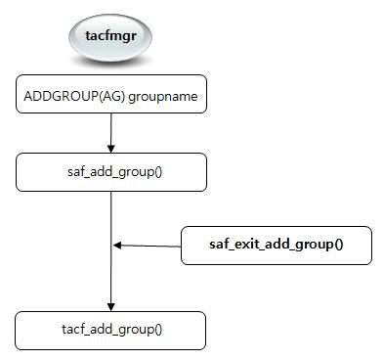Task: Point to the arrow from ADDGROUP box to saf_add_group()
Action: pos(111,132)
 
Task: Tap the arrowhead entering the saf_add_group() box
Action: pos(111,149)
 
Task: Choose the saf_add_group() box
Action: pos(111,171)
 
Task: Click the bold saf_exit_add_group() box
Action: pos(277,245)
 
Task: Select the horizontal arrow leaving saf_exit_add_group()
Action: pos(147,245)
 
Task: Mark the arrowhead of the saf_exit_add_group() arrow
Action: pos(117,245)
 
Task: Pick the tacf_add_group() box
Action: pos(111,330)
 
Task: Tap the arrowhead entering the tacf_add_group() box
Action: pos(111,307)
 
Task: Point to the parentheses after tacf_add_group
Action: pos(158,330)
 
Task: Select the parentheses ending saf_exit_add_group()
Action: pos(338,245)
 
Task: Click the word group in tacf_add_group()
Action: pos(136,330)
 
